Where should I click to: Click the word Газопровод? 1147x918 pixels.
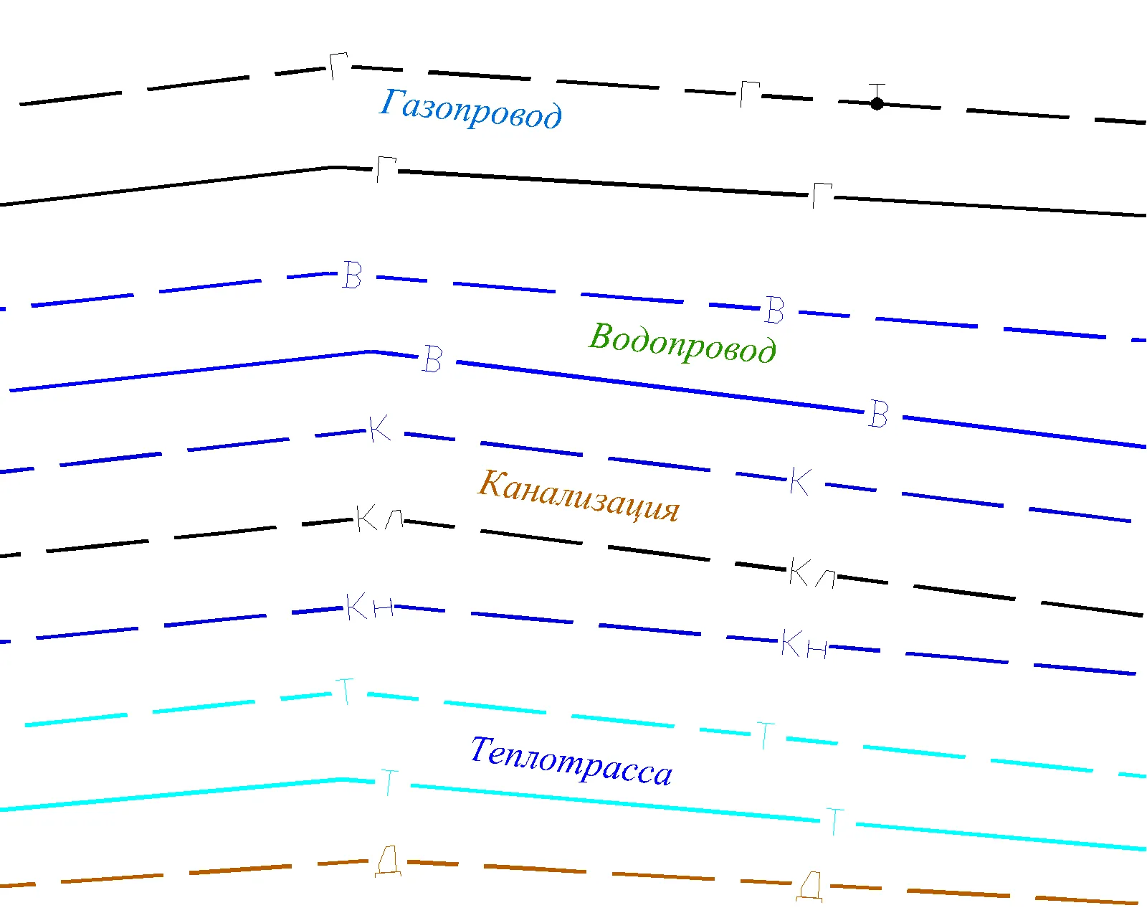pyautogui.click(x=470, y=109)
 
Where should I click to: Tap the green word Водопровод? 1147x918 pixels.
pyautogui.click(x=682, y=342)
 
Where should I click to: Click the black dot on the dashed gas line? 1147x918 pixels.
pyautogui.click(x=877, y=103)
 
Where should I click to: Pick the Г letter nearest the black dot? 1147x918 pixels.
pyautogui.click(x=750, y=95)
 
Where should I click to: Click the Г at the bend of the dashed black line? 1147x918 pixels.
pyautogui.click(x=338, y=66)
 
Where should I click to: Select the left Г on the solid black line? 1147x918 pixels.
pyautogui.click(x=386, y=170)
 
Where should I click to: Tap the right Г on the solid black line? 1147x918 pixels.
pyautogui.click(x=822, y=196)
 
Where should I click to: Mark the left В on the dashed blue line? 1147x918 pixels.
pyautogui.click(x=352, y=275)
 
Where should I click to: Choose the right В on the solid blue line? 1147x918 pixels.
pyautogui.click(x=878, y=414)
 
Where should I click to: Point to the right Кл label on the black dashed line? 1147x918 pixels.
pyautogui.click(x=812, y=572)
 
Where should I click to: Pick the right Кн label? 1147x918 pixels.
pyautogui.click(x=804, y=644)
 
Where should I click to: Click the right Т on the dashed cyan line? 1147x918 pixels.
pyautogui.click(x=766, y=736)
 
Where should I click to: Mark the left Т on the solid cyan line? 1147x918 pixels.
pyautogui.click(x=390, y=782)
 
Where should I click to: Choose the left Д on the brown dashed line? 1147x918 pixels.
pyautogui.click(x=388, y=861)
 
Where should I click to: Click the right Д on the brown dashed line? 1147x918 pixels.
pyautogui.click(x=809, y=887)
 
